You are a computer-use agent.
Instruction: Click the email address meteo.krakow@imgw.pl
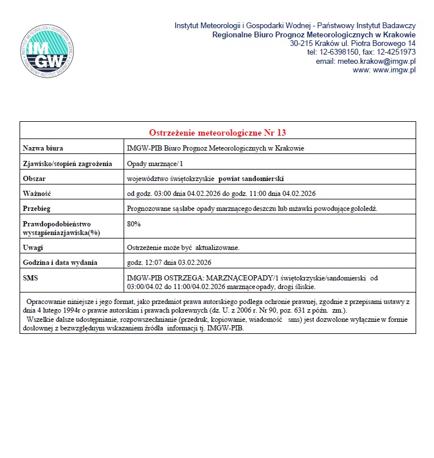366,61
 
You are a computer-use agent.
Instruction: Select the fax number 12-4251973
395,52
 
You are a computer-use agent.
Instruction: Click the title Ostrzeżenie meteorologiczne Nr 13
217,132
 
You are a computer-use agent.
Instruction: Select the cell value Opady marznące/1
151,164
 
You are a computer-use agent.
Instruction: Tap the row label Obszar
34,178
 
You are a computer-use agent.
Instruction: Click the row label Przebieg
37,208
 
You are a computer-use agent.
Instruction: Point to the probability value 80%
133,224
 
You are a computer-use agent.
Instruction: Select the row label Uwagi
33,248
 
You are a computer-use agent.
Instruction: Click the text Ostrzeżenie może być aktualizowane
183,248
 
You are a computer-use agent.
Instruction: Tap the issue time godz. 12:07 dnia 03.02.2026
170,263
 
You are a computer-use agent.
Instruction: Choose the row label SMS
30,278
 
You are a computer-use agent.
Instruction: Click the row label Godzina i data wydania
60,263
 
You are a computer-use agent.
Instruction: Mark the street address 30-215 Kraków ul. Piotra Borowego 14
352,43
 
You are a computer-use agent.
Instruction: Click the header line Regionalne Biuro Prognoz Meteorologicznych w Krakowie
314,34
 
